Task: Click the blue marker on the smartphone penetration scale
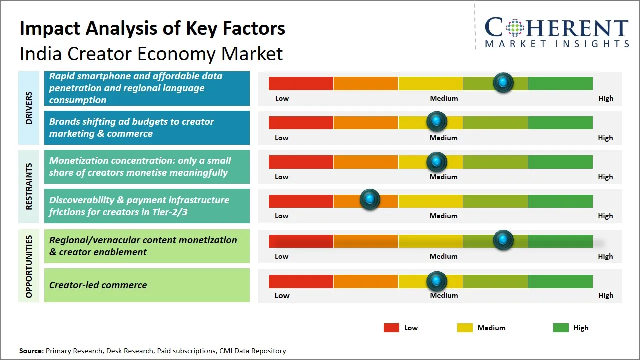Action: click(503, 82)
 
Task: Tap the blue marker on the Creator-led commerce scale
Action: click(437, 281)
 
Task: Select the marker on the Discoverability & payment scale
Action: click(370, 200)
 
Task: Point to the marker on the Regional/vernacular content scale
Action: click(503, 240)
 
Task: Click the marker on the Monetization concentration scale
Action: click(437, 161)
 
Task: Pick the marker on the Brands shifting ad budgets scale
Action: click(437, 121)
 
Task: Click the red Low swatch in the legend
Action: click(391, 328)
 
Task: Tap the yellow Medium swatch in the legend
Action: click(465, 328)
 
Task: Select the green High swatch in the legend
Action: click(561, 328)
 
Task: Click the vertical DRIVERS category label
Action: click(28, 108)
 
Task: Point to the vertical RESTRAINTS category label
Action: click(28, 186)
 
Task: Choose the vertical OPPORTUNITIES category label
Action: click(28, 266)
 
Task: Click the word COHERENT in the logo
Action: click(557, 28)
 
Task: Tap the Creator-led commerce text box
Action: click(147, 285)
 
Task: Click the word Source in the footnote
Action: click(31, 351)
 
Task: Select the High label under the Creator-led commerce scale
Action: click(606, 295)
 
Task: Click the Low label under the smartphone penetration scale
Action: click(282, 98)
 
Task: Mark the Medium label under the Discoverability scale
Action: click(444, 216)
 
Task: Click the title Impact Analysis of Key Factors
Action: click(152, 29)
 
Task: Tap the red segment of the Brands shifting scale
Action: click(301, 123)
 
